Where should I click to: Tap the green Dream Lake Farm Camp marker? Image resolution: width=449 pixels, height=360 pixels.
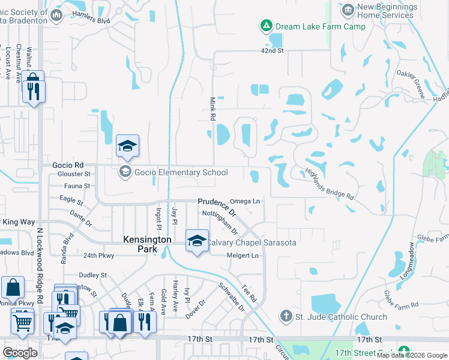[x=265, y=26]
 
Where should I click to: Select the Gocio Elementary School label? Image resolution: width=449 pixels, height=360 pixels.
[x=181, y=173]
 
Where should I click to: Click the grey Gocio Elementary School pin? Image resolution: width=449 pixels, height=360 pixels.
[x=125, y=172]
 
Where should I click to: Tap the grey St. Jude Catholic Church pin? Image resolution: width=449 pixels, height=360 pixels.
[x=286, y=316]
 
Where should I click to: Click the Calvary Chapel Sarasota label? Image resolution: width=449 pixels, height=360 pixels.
[x=252, y=242]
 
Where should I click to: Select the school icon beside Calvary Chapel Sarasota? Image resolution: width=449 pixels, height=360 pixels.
[x=197, y=241]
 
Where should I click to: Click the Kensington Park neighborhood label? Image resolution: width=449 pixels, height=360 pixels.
[x=147, y=244]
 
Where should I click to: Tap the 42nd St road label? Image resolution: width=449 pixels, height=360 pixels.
[x=272, y=50]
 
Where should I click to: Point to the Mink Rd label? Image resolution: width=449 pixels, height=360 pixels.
[x=212, y=109]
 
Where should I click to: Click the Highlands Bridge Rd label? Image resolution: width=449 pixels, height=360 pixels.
[x=330, y=182]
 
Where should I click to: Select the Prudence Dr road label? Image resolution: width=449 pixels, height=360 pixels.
[x=218, y=207]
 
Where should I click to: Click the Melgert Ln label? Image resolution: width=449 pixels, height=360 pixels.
[x=243, y=256]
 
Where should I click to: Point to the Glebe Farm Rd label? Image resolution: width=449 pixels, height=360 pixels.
[x=393, y=300]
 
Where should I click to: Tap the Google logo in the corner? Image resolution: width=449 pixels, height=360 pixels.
[x=20, y=353]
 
